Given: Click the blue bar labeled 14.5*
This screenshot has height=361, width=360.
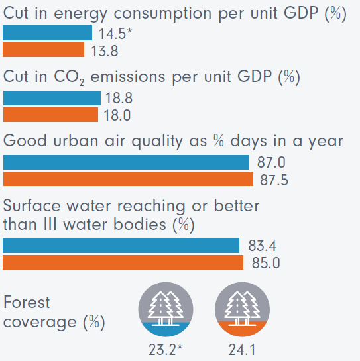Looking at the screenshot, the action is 48,32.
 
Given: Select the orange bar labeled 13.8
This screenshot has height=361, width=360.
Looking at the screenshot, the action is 44,50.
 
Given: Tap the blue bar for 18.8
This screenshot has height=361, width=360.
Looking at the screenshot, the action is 52,98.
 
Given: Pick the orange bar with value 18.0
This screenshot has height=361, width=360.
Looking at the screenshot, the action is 50,115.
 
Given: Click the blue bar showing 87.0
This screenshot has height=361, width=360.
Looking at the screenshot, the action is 126,162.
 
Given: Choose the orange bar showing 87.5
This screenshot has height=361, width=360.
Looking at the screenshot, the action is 128,179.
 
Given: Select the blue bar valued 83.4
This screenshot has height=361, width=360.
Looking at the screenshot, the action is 121,246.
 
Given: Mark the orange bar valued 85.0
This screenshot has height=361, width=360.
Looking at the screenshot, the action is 123,262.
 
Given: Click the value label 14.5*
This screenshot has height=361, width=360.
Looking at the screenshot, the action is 115,34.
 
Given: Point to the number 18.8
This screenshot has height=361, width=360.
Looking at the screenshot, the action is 119,98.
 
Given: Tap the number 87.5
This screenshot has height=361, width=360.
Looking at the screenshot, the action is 274,180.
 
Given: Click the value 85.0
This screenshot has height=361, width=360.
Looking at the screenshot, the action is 266,263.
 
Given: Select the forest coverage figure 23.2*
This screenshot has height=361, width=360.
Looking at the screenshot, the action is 166,350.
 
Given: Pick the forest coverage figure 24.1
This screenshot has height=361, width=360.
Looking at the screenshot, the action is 242,350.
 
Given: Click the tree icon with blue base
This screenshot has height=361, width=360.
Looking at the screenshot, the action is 166,309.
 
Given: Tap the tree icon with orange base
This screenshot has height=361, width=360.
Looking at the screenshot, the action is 242,309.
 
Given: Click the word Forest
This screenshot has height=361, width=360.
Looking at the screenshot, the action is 27,302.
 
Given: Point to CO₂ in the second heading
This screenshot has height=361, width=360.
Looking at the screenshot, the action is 69,77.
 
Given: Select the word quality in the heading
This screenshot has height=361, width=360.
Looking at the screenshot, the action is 157,142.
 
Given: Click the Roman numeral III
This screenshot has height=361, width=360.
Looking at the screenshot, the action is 50,224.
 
